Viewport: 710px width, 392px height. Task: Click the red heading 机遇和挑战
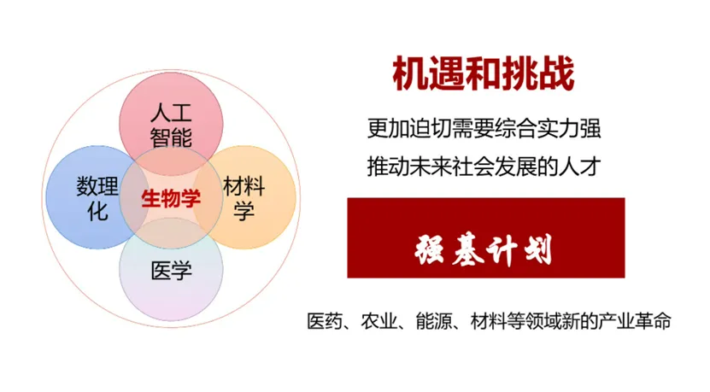pos(484,73)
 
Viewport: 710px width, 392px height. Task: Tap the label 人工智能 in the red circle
pos(171,125)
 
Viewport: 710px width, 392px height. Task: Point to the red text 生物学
pos(171,198)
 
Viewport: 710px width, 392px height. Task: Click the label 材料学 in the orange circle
pos(244,198)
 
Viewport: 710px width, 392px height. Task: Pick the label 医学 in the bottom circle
pos(171,272)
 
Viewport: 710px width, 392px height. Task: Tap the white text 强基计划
pos(484,250)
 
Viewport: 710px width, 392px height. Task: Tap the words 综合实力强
pos(556,130)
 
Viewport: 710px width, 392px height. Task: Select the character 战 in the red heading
pos(555,73)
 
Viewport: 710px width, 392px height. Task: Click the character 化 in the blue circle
pos(97,211)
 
